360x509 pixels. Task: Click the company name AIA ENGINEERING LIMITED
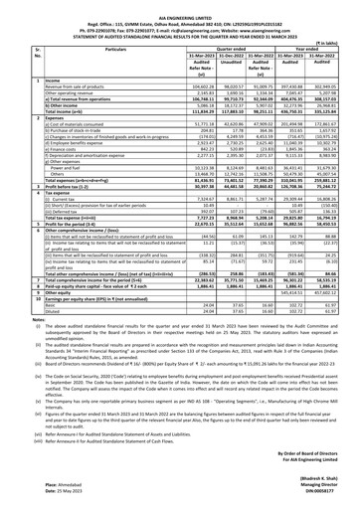(179, 5)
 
